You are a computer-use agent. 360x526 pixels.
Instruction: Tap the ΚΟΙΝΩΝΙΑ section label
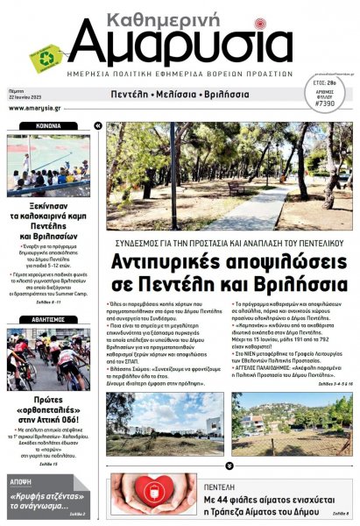pyautogui.click(x=48, y=126)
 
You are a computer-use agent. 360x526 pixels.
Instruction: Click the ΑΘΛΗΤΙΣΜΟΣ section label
pyautogui.click(x=48, y=321)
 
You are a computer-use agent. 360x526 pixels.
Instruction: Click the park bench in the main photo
pyautogui.click(x=236, y=188)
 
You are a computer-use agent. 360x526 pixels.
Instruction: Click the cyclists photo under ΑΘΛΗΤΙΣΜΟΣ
pyautogui.click(x=48, y=360)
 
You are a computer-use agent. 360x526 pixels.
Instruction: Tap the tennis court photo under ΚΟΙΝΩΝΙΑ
pyautogui.click(x=48, y=166)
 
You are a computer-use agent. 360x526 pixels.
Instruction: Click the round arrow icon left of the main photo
pyautogui.click(x=100, y=127)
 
